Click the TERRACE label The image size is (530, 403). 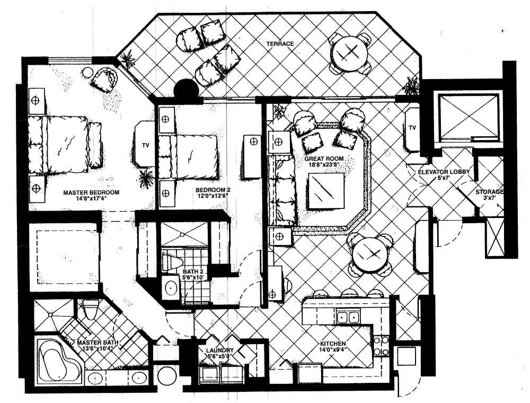280,43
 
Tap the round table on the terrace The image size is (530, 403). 349,52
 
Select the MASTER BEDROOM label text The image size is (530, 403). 91,192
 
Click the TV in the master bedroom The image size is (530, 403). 145,145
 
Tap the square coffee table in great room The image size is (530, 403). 326,191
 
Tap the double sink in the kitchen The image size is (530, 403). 348,317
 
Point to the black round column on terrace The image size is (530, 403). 185,90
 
